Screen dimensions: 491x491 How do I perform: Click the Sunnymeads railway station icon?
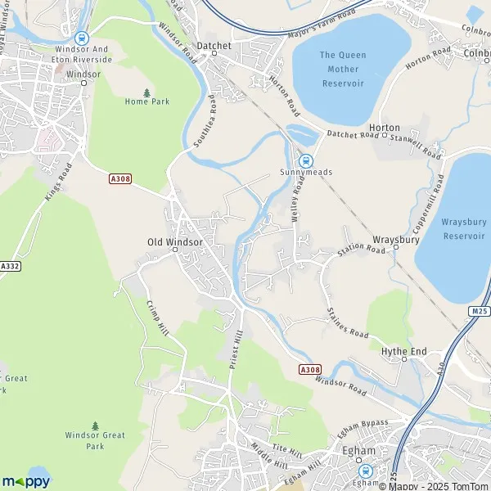coord(306,161)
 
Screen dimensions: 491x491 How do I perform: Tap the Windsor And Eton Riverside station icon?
coord(80,38)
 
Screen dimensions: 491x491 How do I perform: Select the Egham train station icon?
coord(366,471)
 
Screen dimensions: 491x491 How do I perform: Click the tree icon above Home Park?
coord(147,92)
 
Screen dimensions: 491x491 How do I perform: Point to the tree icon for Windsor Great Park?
coord(96,426)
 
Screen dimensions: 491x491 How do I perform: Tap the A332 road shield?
coord(10,267)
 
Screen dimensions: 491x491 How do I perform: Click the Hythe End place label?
coord(403,351)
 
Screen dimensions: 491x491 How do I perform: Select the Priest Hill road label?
coord(237,349)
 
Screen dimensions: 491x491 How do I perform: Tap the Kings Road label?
coord(58,181)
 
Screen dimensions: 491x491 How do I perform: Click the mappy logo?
coord(26,480)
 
